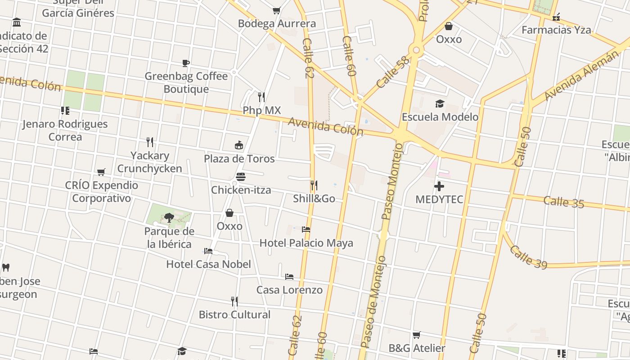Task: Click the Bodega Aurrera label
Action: (277, 23)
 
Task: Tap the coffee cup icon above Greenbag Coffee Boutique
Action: (186, 63)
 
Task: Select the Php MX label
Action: (261, 110)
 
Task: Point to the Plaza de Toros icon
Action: (239, 145)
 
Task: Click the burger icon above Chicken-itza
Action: (241, 176)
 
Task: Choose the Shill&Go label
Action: (314, 198)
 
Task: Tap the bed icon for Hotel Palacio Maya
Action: (306, 229)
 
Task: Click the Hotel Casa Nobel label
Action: (208, 264)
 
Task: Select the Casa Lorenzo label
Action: (289, 290)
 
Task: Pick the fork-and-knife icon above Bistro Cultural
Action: (234, 301)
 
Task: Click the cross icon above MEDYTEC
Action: (439, 186)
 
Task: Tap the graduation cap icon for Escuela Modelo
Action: (440, 104)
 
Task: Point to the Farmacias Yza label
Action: (556, 30)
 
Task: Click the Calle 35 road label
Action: (563, 202)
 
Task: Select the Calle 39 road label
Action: (528, 257)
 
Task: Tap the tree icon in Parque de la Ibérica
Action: (169, 218)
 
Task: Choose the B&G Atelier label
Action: (417, 348)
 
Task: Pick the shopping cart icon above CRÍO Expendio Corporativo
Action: (101, 172)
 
